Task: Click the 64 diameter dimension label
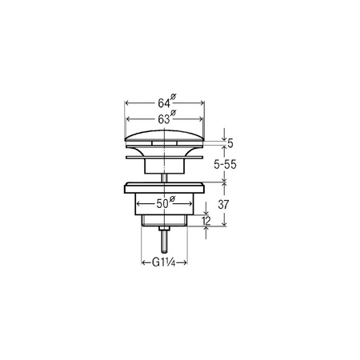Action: pos(167,101)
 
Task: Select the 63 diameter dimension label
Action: pos(167,118)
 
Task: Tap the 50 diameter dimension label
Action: pos(166,202)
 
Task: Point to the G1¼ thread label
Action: pos(164,262)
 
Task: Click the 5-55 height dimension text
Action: pos(225,165)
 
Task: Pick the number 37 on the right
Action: pos(223,205)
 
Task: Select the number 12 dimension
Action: pos(206,221)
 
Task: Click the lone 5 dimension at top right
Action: pos(230,143)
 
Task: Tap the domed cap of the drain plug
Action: pos(165,136)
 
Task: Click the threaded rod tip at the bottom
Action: pos(165,251)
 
